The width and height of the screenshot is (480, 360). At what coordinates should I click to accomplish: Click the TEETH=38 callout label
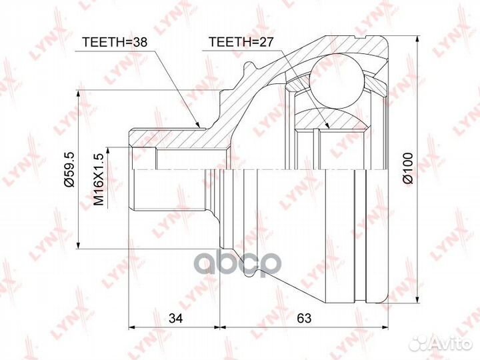click(x=115, y=42)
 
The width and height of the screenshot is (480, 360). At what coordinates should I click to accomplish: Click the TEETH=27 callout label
click(x=240, y=42)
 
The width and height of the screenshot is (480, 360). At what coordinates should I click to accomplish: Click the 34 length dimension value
click(x=175, y=319)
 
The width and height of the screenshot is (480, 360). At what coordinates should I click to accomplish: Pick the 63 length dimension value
click(x=304, y=319)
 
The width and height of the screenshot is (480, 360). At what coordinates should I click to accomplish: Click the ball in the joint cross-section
click(x=337, y=81)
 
